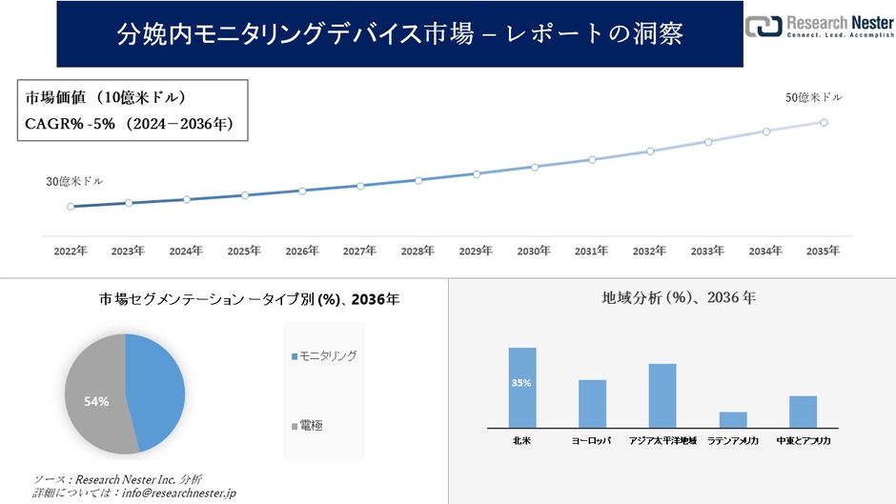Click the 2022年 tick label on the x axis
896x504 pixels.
pos(71,251)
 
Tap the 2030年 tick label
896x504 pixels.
pos(534,251)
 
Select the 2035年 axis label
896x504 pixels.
pos(823,251)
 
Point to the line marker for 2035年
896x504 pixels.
pos(824,122)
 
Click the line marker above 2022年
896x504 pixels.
pos(71,206)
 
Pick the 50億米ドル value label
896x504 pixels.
pos(813,97)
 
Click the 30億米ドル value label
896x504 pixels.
pos(74,181)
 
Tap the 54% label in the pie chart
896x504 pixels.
pos(96,401)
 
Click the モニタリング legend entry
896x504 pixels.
pos(327,355)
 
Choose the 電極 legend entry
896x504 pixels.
pos(310,425)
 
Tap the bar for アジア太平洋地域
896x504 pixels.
pos(662,395)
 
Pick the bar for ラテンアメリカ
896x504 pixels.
pos(733,419)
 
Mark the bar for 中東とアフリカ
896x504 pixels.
pos(804,412)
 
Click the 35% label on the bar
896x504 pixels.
pos(521,383)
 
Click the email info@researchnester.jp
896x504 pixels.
pos(175,493)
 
